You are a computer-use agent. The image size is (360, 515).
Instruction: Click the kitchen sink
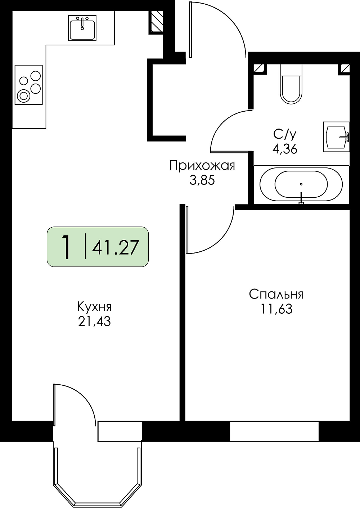pos(82,28)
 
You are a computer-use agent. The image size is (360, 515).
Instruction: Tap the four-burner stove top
pos(29,85)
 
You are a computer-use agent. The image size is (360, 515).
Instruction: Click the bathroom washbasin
pos(336,136)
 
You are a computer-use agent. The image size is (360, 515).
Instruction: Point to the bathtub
pos(301,184)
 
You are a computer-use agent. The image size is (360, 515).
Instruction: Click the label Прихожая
pos(202,166)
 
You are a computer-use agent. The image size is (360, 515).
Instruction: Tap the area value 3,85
pos(202,180)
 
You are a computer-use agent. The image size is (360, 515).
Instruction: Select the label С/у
pos(284,135)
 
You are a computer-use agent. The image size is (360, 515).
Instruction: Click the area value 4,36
pos(285,149)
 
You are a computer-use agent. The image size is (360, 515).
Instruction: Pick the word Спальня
pos(276,295)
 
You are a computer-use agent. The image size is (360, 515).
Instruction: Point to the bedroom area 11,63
pos(276,309)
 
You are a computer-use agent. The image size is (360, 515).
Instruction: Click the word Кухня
pos(94,308)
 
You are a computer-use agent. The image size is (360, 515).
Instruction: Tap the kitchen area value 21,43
pos(94,322)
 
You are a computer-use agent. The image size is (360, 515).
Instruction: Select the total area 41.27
pos(115,247)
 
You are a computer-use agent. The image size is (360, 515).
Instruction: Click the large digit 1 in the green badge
pos(67,247)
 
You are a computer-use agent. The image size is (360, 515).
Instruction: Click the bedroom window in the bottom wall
pos(274,431)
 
